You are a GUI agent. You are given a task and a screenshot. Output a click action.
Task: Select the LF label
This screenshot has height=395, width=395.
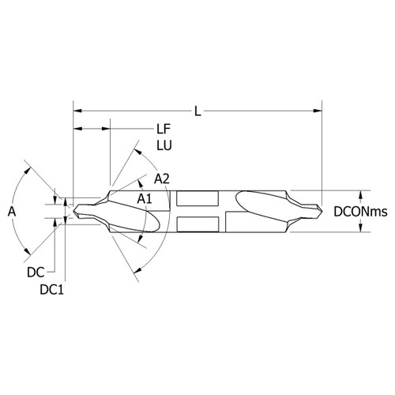tap(164, 128)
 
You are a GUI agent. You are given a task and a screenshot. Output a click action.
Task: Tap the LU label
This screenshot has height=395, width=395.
tap(164, 146)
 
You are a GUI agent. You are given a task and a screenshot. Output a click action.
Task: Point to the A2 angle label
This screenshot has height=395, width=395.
tap(162, 179)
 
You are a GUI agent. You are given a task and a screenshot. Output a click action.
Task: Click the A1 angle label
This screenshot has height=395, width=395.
tap(145, 197)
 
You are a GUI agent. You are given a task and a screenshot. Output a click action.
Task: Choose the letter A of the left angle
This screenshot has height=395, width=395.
tap(10, 212)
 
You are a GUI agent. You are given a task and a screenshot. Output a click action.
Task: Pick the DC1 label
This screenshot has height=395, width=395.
tap(51, 289)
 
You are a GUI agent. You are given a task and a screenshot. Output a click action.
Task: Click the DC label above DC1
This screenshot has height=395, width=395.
tap(35, 271)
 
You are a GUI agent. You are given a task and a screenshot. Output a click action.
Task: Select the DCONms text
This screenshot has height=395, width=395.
tap(358, 212)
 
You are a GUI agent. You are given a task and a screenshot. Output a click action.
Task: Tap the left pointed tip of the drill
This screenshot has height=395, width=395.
tap(75, 212)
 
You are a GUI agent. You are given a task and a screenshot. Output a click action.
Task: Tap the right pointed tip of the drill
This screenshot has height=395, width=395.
tap(322, 212)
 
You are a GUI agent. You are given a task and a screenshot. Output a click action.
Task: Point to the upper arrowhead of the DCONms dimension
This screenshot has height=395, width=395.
tap(362, 194)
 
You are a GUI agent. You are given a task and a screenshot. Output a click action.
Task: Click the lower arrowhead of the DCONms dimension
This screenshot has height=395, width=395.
tap(362, 229)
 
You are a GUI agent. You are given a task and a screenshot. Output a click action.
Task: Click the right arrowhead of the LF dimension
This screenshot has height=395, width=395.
tap(107, 128)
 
